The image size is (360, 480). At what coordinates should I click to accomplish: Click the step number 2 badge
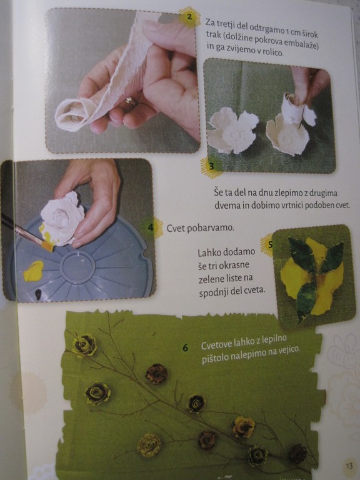click(x=189, y=17)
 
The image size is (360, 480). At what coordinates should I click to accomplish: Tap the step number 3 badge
click(x=211, y=166)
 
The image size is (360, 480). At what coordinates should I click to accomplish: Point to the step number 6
click(x=185, y=347)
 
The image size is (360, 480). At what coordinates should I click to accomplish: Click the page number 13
click(x=349, y=466)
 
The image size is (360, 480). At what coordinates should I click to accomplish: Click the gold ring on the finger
click(x=131, y=101)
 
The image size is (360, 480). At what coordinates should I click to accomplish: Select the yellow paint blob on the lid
click(x=33, y=271)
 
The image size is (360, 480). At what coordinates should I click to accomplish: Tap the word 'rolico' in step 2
click(x=272, y=52)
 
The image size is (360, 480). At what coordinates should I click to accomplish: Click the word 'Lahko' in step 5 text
click(x=207, y=253)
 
